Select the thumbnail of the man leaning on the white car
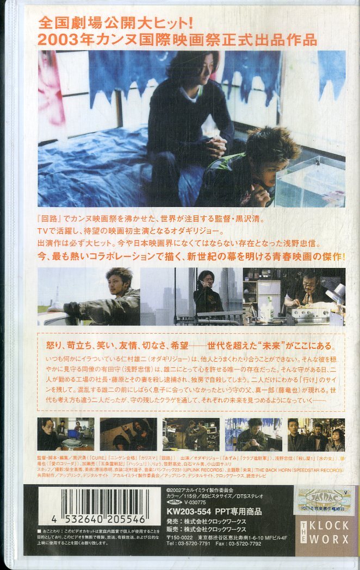click(89, 297)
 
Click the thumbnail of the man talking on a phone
click(191, 297)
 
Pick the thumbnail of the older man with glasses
click(294, 297)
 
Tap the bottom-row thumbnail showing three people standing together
click(315, 435)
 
